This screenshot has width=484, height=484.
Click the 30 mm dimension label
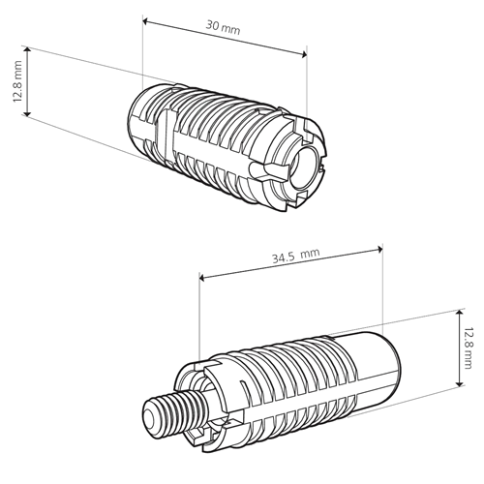point(224,27)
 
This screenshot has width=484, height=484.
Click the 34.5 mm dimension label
point(296,256)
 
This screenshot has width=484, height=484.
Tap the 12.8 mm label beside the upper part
point(17,81)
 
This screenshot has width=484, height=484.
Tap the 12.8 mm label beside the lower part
point(468,348)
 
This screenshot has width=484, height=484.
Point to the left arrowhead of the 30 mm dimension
point(146,21)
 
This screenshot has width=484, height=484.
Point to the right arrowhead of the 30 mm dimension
point(304,55)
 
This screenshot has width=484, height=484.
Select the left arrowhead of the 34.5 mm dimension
point(202,277)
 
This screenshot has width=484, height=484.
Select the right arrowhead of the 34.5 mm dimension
point(379,249)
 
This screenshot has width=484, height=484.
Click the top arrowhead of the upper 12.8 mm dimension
point(27,49)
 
